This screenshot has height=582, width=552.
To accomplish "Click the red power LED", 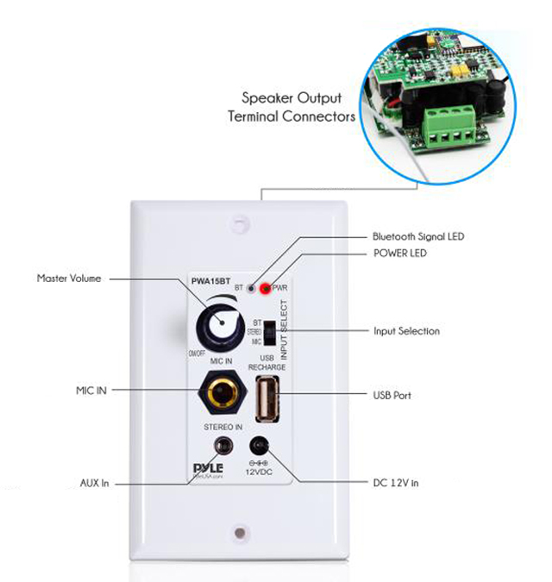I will click(264, 289).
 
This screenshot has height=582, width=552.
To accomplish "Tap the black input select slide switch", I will click(270, 332).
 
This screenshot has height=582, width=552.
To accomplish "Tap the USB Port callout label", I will click(392, 396).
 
